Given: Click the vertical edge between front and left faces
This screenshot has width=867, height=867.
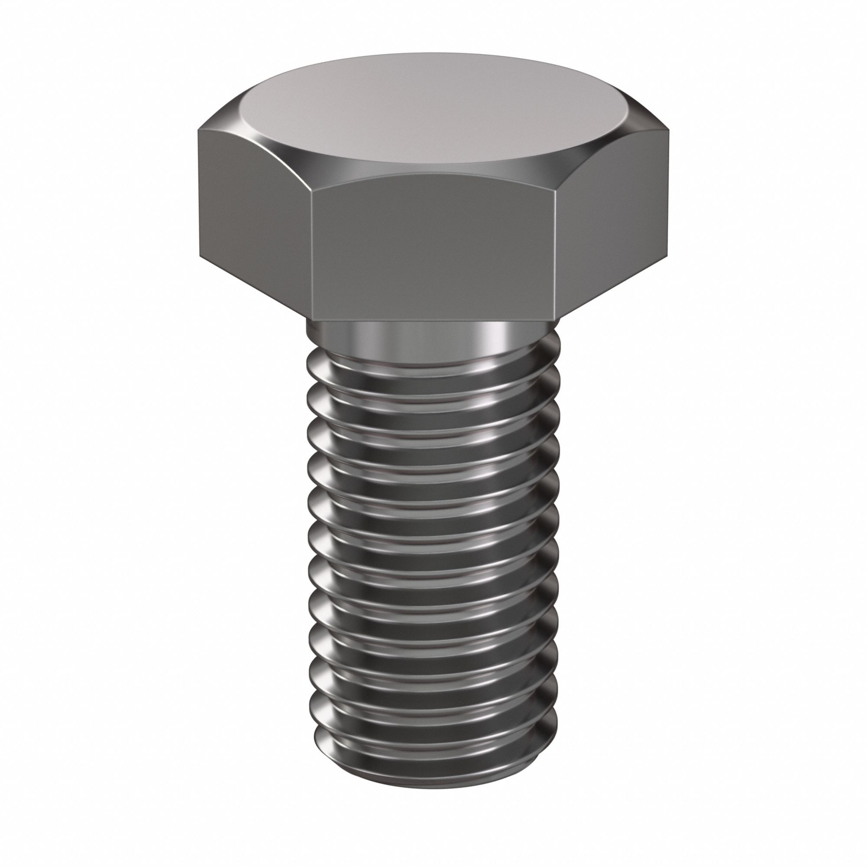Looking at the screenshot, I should (310, 251).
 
